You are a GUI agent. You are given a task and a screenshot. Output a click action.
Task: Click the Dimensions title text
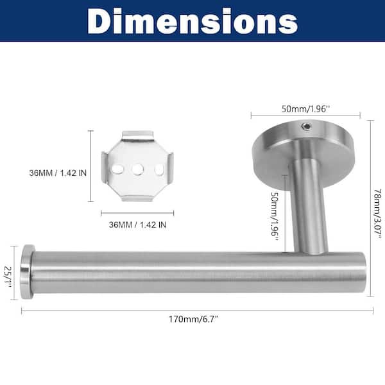[193, 21]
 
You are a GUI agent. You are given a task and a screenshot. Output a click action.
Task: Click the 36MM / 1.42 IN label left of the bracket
[58, 173]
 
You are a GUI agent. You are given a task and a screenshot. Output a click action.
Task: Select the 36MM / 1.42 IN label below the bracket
[137, 225]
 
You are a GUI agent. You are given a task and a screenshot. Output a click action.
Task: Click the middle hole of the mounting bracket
[137, 169]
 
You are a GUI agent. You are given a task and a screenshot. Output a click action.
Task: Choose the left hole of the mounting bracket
[117, 169]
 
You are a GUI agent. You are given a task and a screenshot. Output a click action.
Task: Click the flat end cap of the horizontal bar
[27, 271]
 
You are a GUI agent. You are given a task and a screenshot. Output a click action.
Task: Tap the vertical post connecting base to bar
[309, 205]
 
